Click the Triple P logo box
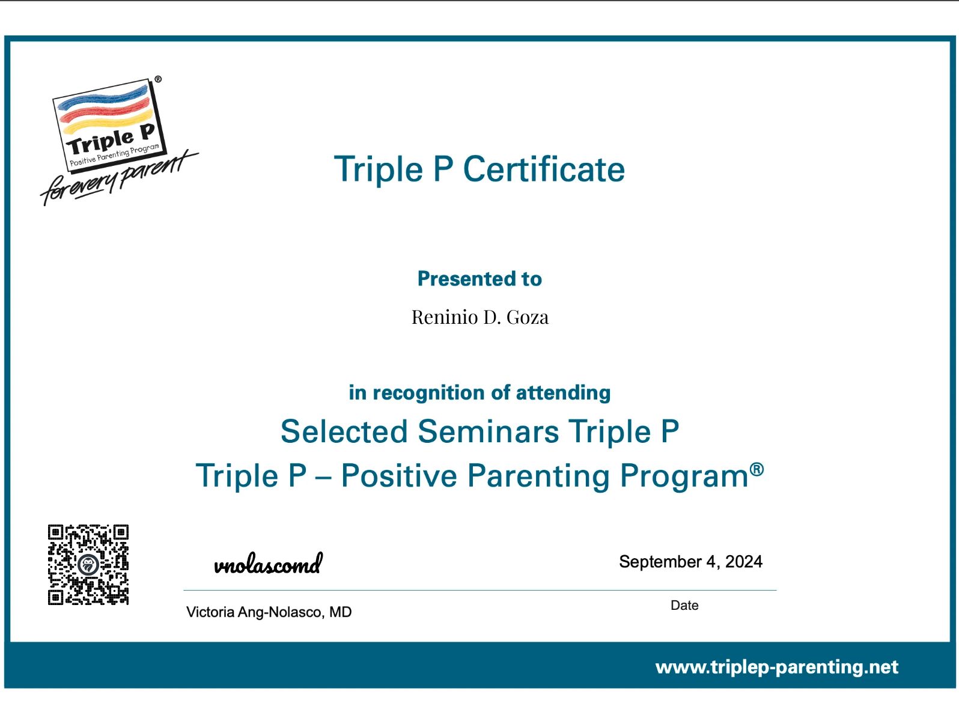pos(108,125)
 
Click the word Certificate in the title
pos(544,169)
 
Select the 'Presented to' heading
pos(479,279)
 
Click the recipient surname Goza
pos(528,317)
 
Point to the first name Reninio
pos(445,317)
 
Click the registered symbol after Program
pos(757,469)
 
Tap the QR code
pos(88,565)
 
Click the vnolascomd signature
pos(268,565)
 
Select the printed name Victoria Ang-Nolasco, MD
pos(269,612)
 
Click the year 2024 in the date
pos(743,562)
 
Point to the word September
pos(660,562)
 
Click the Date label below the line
pos(684,606)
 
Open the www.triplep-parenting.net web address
pos(776,667)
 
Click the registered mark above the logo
pos(158,79)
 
